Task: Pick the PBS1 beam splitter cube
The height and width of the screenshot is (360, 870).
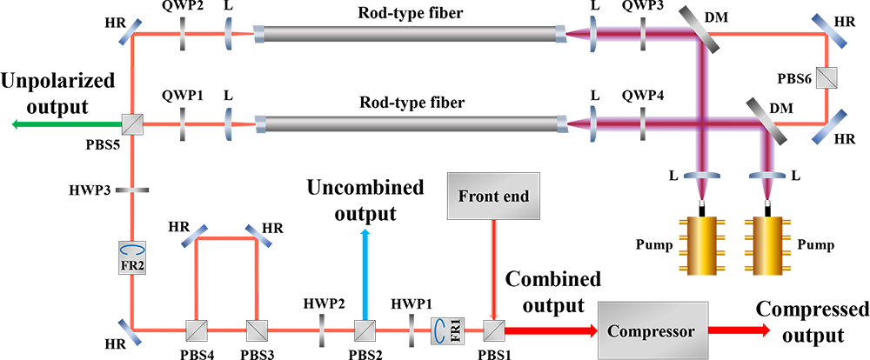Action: point(494,330)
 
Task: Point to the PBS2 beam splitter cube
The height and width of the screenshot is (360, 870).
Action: point(365,330)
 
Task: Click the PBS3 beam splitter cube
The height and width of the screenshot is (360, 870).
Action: point(256,330)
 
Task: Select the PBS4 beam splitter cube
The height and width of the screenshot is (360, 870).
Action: point(196,330)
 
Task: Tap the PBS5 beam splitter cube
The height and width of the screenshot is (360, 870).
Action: point(133,125)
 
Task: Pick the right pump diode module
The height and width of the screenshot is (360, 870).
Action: point(769,244)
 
